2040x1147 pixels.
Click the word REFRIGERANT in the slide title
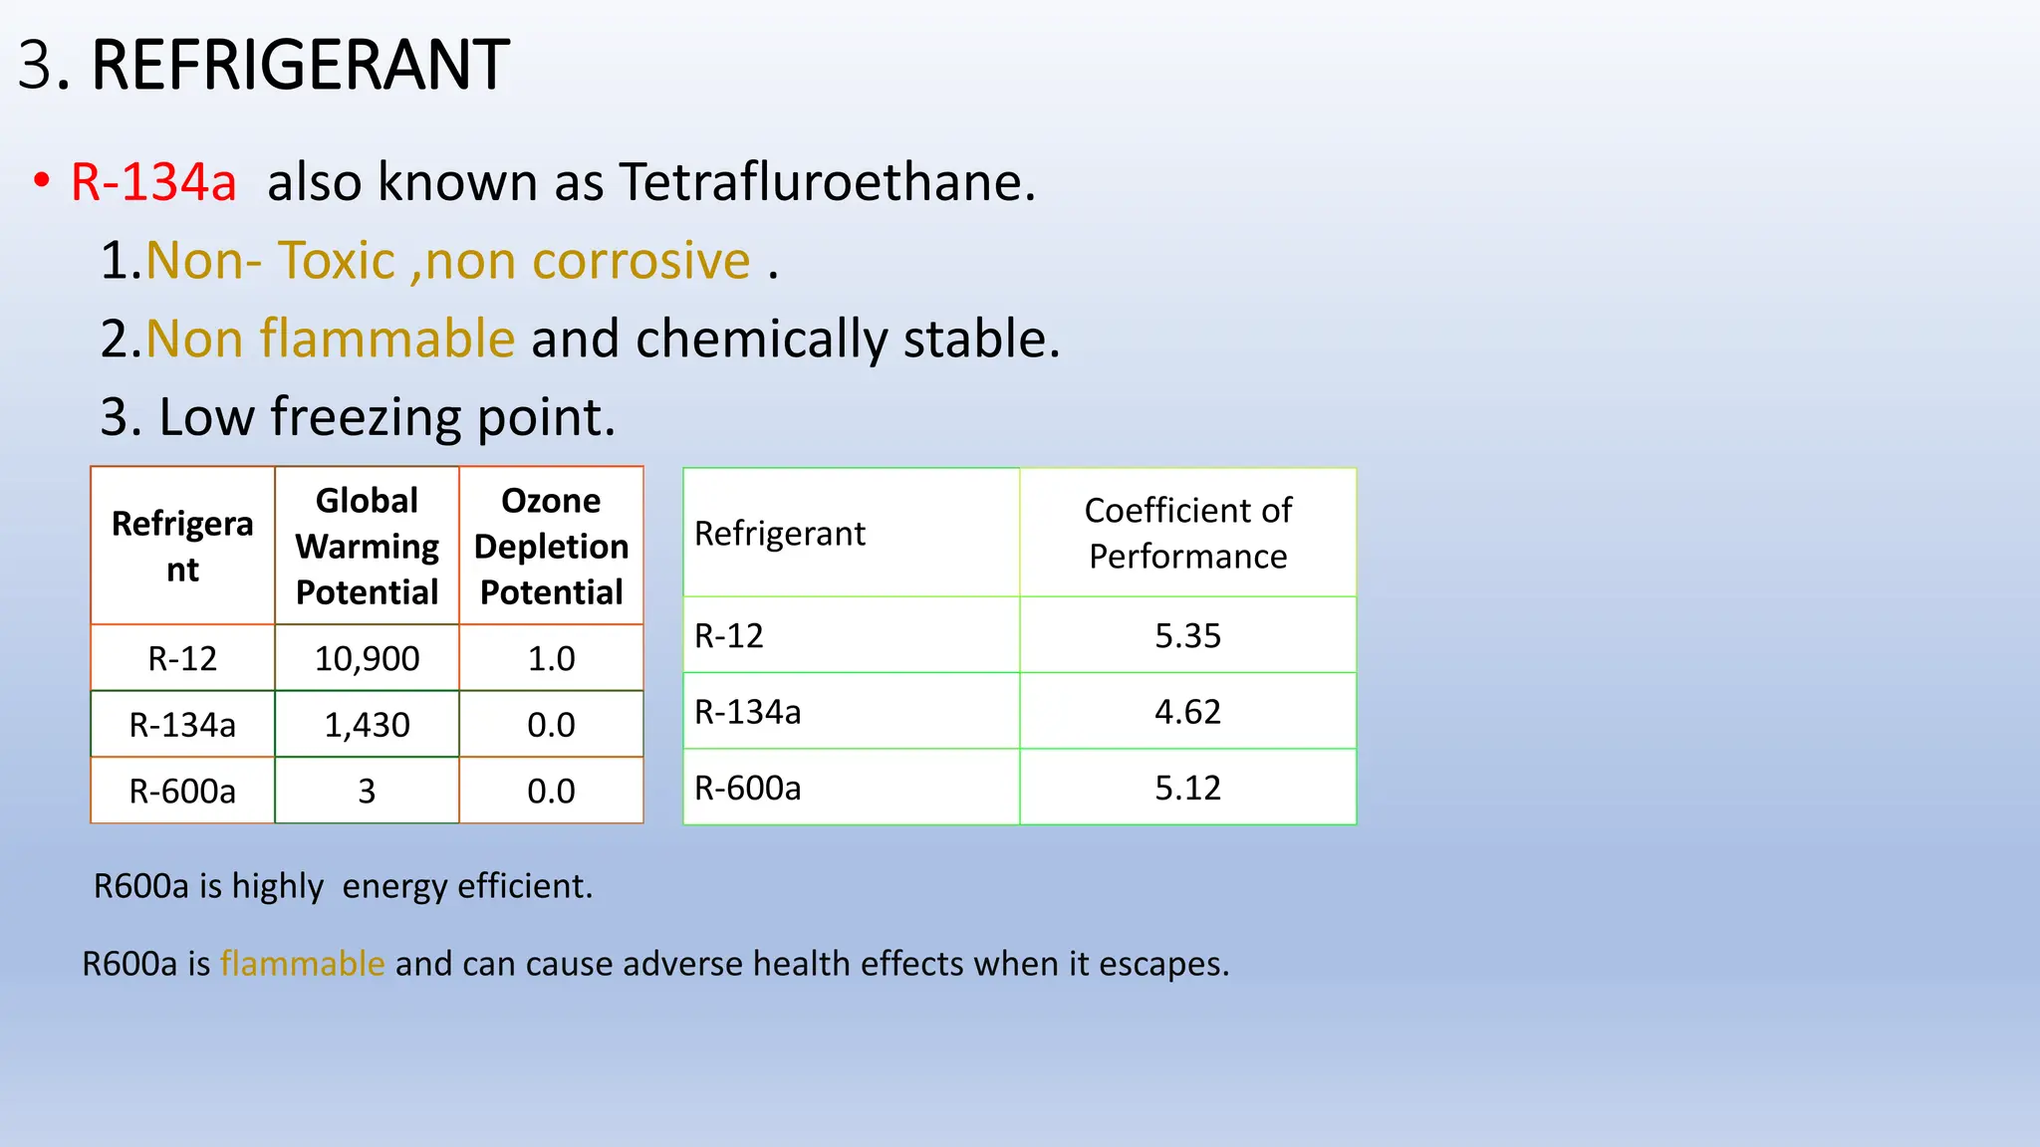300,66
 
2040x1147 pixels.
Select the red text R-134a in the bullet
153,182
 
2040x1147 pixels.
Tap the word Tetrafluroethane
827,182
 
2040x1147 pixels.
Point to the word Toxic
336,261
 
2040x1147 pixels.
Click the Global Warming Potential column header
367,546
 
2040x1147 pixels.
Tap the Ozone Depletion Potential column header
551,546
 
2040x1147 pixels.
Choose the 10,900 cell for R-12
367,658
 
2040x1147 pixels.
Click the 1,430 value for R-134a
367,725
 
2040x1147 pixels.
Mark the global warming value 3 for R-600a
367,791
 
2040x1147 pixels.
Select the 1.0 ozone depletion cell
551,658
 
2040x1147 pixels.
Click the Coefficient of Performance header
1187,533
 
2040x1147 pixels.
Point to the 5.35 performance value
1187,635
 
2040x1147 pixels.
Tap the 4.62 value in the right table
1187,712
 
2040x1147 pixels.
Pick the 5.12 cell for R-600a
1187,788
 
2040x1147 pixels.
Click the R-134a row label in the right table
747,712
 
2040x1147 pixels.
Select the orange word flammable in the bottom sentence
302,964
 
